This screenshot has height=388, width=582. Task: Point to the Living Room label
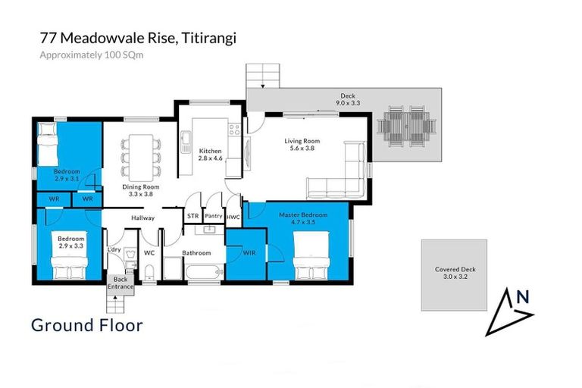point(302,145)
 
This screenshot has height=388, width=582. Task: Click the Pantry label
point(214,216)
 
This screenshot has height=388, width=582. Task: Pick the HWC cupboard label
point(233,217)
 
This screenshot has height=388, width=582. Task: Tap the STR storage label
point(192,216)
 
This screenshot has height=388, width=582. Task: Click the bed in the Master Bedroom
point(311,257)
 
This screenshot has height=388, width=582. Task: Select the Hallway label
point(142,218)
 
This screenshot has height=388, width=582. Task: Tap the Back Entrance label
point(120,283)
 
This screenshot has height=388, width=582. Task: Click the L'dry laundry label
point(114,249)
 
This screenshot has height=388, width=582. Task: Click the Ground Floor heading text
point(86,325)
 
